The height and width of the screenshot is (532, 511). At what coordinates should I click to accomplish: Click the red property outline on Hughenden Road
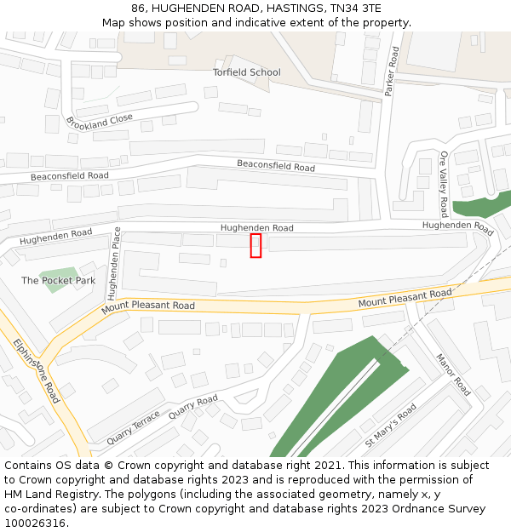255,245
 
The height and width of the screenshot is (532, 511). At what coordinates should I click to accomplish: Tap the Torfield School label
246,72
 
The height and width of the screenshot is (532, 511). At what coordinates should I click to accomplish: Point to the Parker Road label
393,72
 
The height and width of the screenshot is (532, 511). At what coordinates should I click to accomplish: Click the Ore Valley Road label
444,184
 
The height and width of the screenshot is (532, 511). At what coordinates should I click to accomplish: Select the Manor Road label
453,375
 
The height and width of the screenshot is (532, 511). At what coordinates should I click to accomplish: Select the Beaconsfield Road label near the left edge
70,176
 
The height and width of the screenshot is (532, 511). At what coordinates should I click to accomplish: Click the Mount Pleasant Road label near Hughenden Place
148,306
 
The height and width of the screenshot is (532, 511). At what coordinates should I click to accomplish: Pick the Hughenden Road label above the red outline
256,228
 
